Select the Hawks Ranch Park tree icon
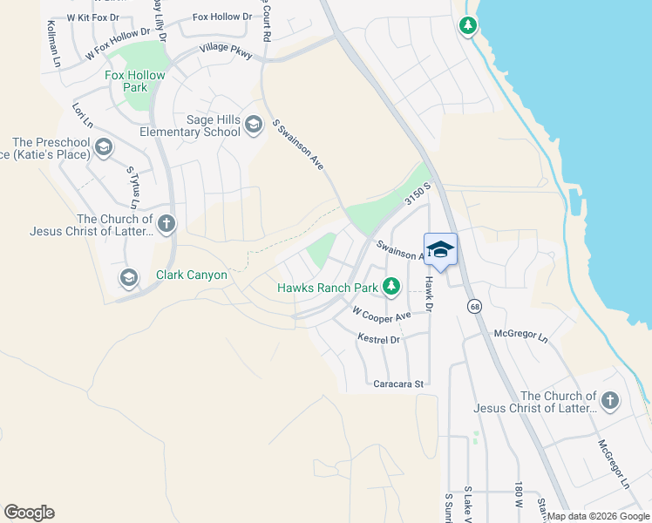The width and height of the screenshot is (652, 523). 391,286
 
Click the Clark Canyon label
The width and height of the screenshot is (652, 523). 191,275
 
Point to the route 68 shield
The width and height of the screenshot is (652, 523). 474,306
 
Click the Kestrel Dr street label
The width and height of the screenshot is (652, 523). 378,338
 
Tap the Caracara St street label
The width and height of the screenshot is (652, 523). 397,384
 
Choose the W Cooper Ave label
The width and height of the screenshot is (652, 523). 381,313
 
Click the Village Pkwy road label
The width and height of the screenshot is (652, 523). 226,51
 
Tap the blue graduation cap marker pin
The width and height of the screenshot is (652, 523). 441,250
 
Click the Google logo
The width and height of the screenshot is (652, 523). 29,513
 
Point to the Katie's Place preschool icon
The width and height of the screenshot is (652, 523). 104,147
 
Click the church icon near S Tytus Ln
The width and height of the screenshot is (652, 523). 166,224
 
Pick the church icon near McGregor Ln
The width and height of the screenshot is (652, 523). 610,401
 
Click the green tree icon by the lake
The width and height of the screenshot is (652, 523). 469,25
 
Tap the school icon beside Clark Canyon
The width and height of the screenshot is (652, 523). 129,277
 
